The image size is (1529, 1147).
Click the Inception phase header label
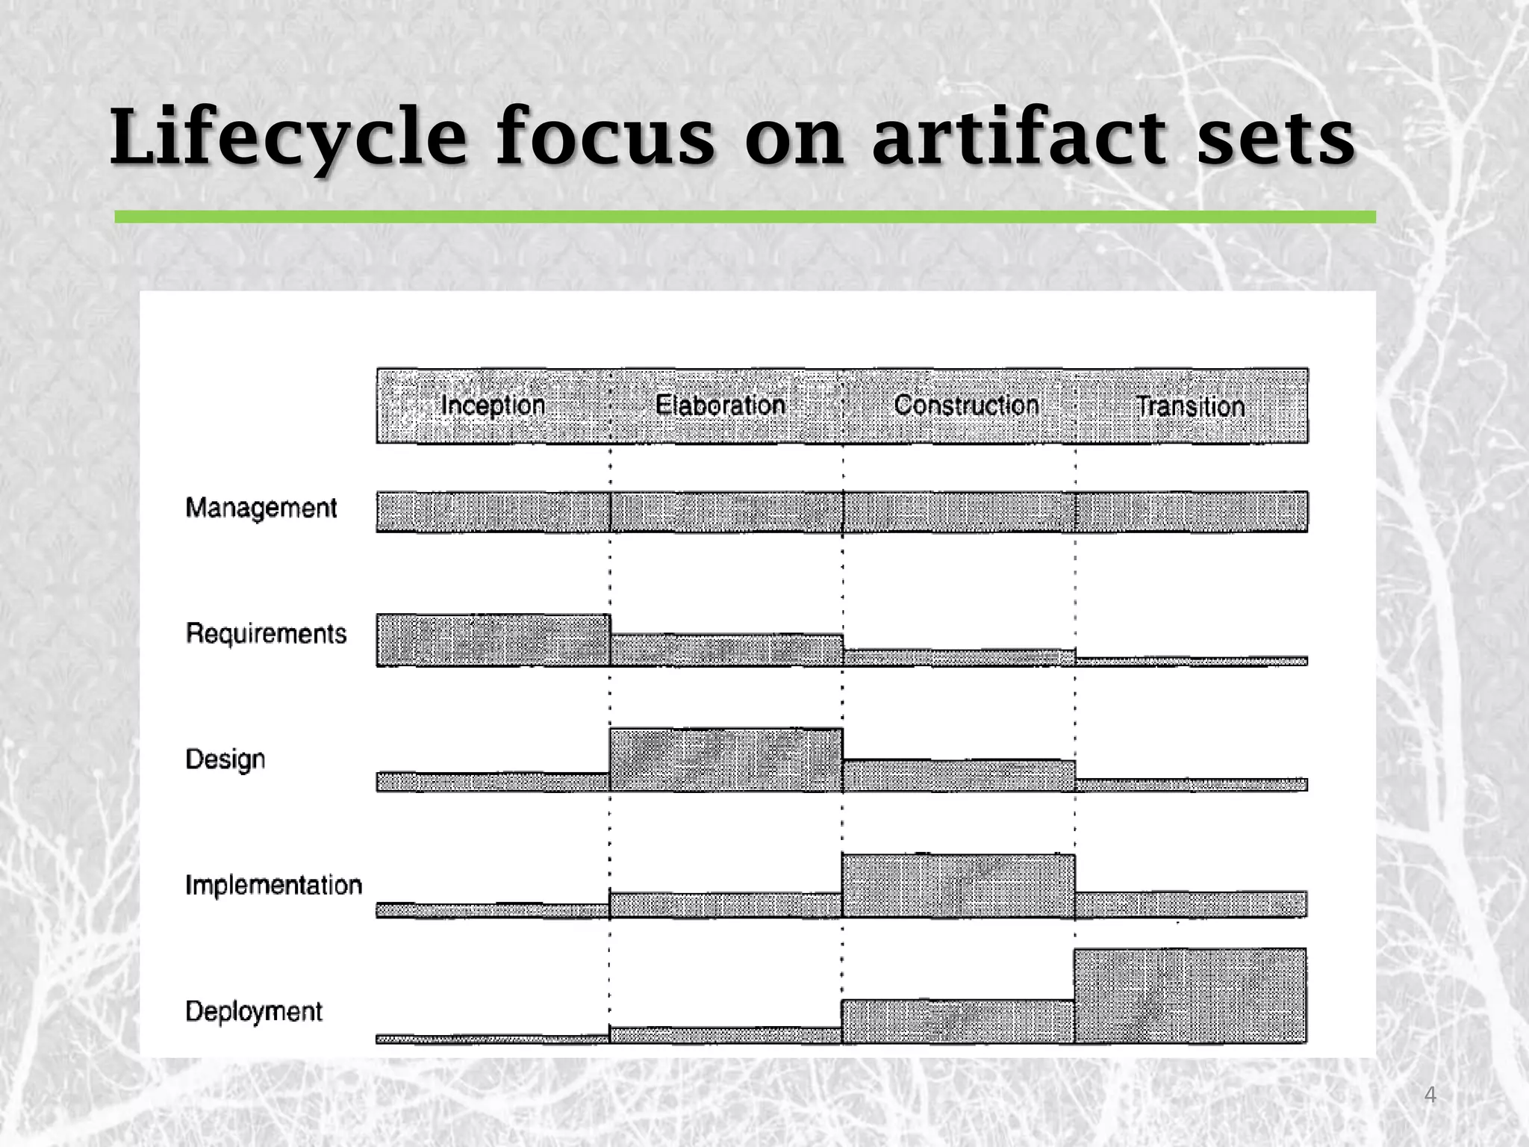[493, 405]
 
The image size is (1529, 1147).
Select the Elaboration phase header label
[720, 405]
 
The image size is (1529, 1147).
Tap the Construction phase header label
[966, 405]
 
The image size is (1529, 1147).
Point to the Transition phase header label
[1190, 407]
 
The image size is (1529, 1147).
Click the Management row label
[261, 509]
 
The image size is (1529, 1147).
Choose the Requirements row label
[266, 634]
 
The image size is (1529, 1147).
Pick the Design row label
[225, 759]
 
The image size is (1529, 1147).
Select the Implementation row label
[273, 885]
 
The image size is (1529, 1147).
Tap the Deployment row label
[254, 1011]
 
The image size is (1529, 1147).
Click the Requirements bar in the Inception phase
[493, 640]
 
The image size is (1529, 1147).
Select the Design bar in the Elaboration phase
[726, 759]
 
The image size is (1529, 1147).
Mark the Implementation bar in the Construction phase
[958, 886]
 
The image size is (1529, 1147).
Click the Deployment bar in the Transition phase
[1190, 995]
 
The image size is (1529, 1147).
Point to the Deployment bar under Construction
[958, 1021]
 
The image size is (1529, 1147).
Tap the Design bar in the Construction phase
[959, 776]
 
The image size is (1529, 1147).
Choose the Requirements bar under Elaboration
[726, 650]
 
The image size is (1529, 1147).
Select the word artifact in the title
[1018, 138]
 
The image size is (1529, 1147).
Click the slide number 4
[1430, 1095]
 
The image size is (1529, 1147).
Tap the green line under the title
[744, 217]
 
